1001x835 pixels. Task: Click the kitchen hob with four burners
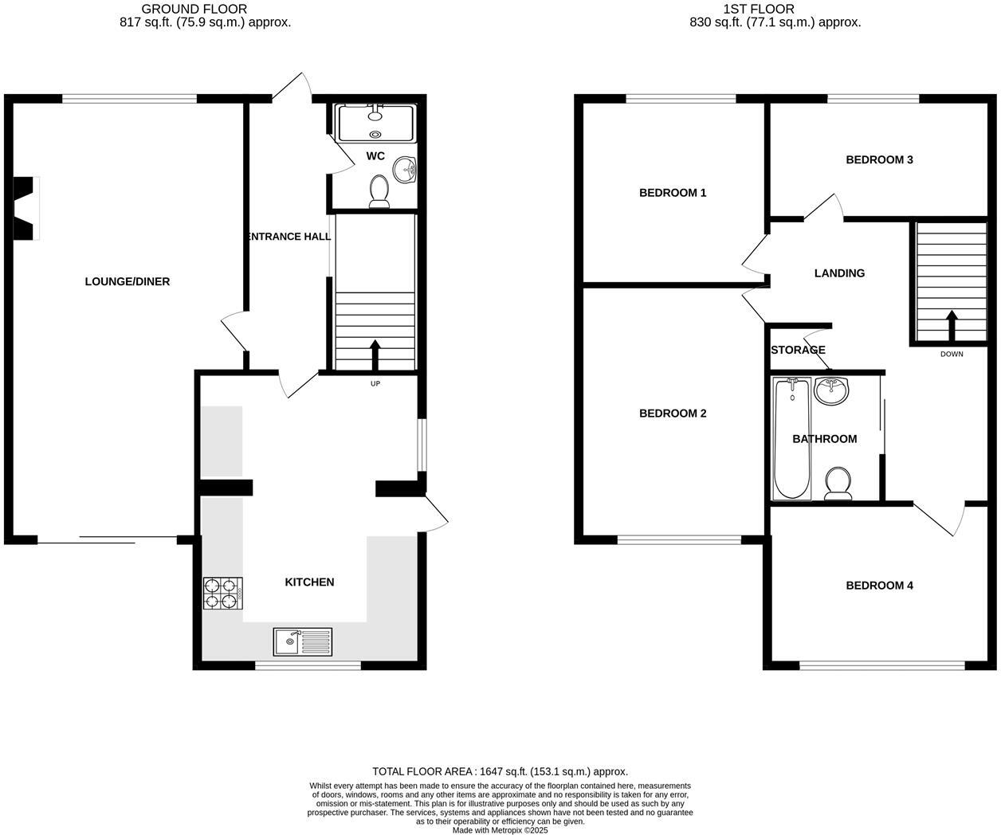(x=223, y=593)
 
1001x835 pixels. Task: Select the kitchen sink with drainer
(x=303, y=641)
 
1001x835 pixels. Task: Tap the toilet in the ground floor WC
(x=379, y=191)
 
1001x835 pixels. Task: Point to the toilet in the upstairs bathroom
(x=838, y=484)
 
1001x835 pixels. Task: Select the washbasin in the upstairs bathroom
(x=832, y=390)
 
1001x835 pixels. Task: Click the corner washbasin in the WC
(x=408, y=169)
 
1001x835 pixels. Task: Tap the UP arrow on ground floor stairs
(x=375, y=355)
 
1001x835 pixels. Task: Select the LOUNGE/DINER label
(x=128, y=281)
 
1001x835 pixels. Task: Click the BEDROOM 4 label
(x=879, y=586)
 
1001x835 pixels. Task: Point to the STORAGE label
(x=798, y=350)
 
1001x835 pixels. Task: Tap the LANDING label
(x=839, y=273)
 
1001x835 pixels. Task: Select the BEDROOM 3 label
(x=879, y=159)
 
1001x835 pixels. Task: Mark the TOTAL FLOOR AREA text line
(x=500, y=771)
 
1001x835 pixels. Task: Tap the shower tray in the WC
(x=376, y=123)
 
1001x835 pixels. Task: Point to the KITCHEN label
(x=309, y=582)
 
